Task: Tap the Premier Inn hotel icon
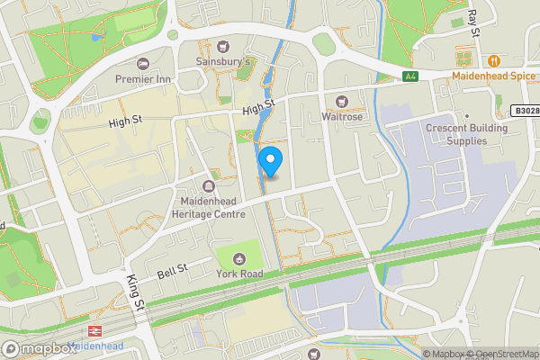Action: point(143,64)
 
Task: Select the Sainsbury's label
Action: point(223,61)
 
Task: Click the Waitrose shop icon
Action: point(341,102)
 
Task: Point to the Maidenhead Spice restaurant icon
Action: point(494,60)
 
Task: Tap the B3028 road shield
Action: point(527,111)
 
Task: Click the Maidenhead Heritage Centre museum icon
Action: point(209,187)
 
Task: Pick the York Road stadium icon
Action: point(238,259)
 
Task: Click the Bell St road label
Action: point(172,269)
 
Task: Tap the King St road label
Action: point(135,294)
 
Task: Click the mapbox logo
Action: point(39,348)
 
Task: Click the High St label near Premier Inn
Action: point(131,122)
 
